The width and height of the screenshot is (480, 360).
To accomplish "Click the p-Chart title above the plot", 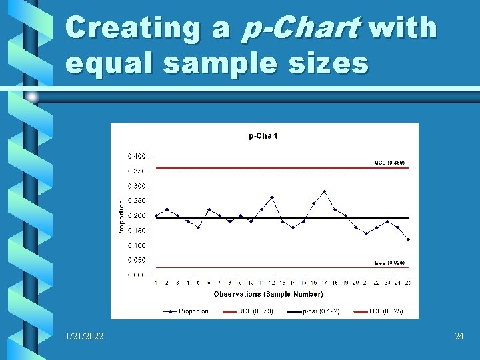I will click(x=263, y=136).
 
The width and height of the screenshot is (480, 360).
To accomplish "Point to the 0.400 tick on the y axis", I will click(x=137, y=156).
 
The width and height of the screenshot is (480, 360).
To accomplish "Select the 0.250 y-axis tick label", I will click(x=137, y=201).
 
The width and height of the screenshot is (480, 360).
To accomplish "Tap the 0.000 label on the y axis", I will click(x=137, y=275).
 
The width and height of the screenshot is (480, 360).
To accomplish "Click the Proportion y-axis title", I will click(x=121, y=216).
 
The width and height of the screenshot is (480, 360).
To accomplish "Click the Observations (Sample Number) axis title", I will click(x=268, y=294).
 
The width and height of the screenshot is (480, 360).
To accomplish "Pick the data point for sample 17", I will click(x=324, y=191).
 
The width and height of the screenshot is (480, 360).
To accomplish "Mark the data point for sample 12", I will click(x=272, y=197).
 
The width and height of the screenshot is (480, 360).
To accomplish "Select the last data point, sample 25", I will click(x=408, y=239).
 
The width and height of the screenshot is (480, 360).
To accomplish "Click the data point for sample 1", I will click(x=157, y=215).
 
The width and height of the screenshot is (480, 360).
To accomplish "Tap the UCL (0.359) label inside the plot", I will click(x=389, y=163).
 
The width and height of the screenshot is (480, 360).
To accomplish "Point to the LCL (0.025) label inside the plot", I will click(x=389, y=263).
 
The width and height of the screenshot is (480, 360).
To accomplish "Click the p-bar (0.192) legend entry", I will click(x=321, y=311).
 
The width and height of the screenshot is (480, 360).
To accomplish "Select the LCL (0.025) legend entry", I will click(x=386, y=311).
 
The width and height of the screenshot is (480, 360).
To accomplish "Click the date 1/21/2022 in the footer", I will click(x=85, y=337).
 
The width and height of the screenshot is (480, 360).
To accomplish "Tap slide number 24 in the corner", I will click(x=459, y=337).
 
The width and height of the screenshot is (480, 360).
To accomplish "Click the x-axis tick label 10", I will click(x=251, y=283).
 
